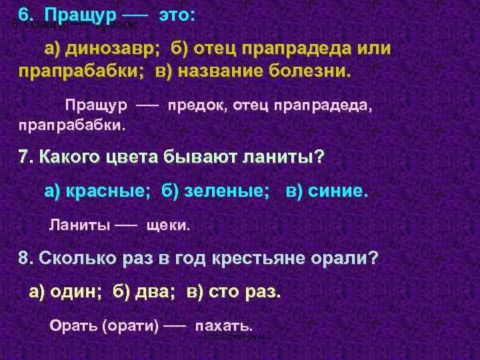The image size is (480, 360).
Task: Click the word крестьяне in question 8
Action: pos(252,258)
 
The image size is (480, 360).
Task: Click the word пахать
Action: pos(223,326)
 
